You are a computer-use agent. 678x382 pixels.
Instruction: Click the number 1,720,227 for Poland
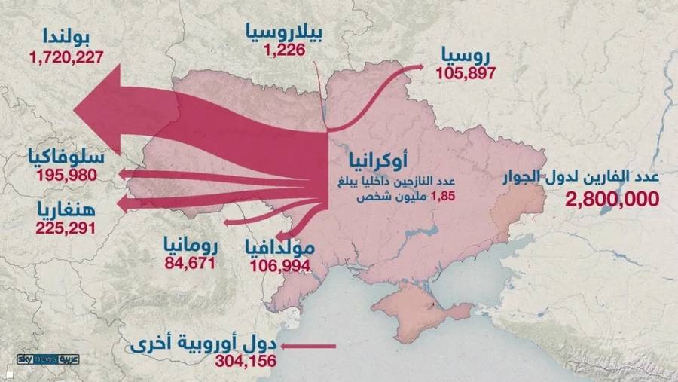[66, 57]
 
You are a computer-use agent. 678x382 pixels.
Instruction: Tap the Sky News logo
[47, 360]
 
